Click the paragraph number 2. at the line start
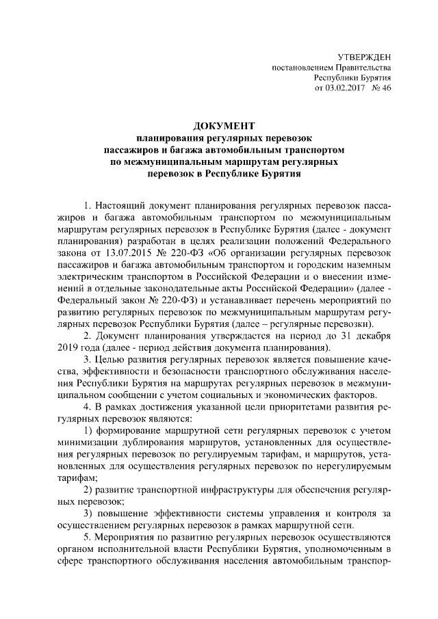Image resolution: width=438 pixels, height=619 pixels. tap(87, 337)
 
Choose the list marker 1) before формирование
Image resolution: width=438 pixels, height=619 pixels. tap(88, 430)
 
